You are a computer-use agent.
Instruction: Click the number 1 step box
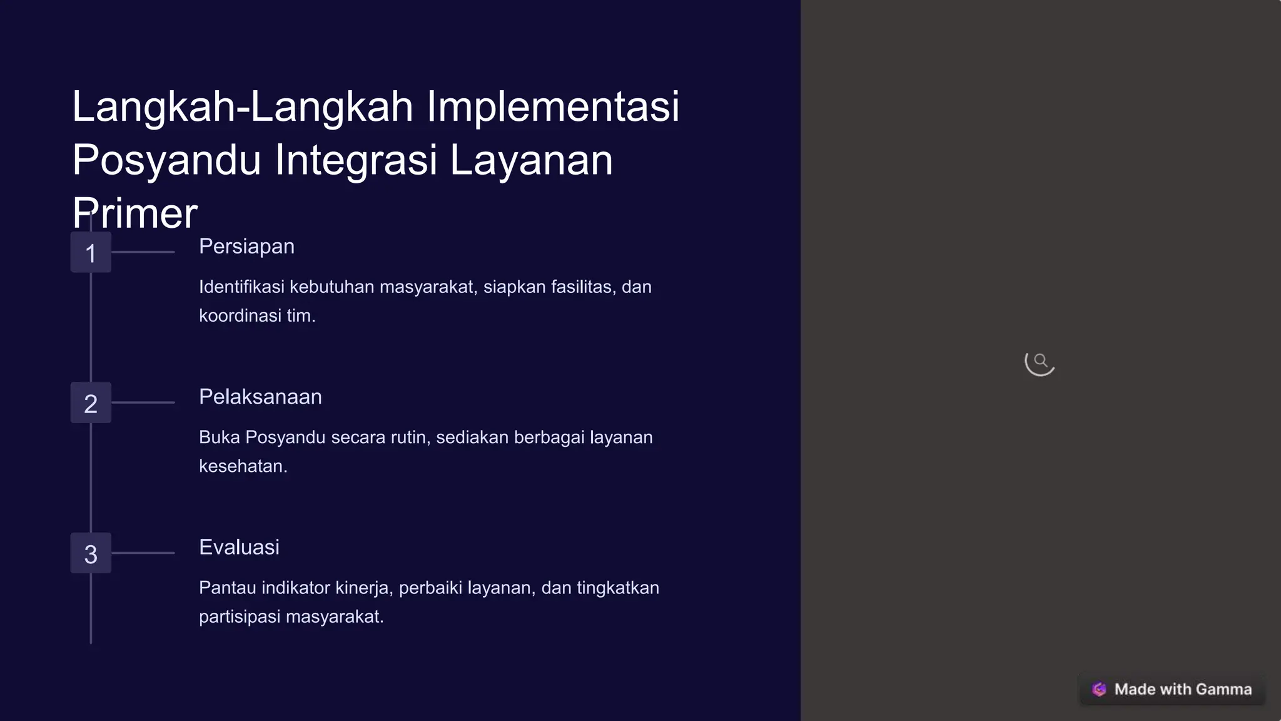click(x=91, y=252)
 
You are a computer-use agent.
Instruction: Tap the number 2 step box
click(x=91, y=402)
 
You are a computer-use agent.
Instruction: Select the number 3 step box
click(x=91, y=553)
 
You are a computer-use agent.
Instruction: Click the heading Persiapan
click(x=246, y=247)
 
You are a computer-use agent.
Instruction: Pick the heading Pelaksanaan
click(x=260, y=397)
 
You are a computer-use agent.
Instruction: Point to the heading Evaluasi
click(x=239, y=547)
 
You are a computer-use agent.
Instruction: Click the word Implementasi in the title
click(x=553, y=106)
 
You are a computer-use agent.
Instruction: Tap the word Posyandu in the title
click(x=166, y=160)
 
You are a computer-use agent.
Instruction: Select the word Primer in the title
click(x=135, y=213)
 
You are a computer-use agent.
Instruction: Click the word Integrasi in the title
click(x=356, y=160)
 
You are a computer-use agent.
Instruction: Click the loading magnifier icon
click(x=1040, y=361)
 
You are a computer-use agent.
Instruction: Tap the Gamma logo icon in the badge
click(x=1099, y=689)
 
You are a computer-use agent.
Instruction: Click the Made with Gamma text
click(x=1183, y=689)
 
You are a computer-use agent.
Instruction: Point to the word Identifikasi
click(x=241, y=287)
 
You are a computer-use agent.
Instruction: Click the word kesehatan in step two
click(x=243, y=466)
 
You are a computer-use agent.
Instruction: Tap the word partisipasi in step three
click(x=240, y=616)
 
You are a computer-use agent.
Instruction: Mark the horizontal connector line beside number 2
click(x=143, y=402)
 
